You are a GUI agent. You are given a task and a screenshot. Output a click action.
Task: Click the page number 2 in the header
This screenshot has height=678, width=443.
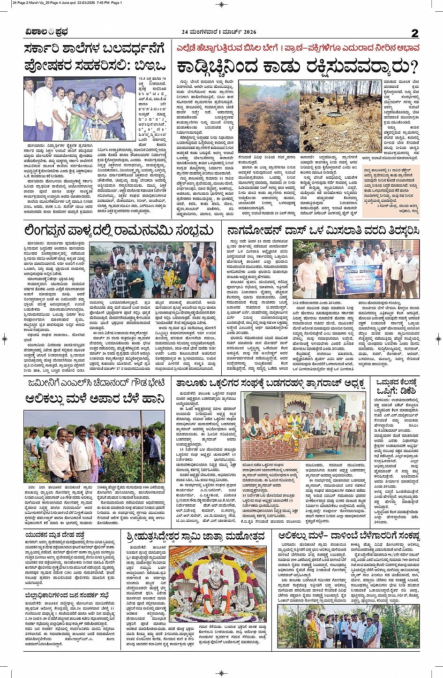(x=414, y=33)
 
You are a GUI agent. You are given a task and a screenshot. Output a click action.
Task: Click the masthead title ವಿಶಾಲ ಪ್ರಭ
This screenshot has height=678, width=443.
(x=46, y=32)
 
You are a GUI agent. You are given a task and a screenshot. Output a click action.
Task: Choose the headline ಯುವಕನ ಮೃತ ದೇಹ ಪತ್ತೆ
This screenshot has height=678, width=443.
(x=55, y=535)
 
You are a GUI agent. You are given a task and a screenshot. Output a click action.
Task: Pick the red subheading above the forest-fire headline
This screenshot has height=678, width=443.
(x=298, y=48)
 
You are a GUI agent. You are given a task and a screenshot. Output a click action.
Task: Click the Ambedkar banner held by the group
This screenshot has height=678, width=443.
(x=360, y=280)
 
